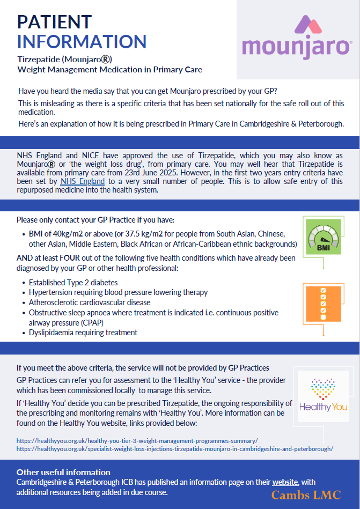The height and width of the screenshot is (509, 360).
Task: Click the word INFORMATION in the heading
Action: pos(82,41)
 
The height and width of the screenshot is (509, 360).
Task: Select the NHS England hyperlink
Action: pos(83,181)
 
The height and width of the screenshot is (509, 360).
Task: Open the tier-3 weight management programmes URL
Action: pos(137,440)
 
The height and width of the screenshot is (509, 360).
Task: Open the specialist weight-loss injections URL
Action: pos(175,448)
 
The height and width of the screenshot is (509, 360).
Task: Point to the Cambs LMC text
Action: pos(306,495)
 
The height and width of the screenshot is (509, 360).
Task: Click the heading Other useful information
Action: pos(63,473)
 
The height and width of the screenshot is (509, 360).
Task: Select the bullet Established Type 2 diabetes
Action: pos(74,283)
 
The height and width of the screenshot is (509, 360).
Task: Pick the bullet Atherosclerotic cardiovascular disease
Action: pos(90,303)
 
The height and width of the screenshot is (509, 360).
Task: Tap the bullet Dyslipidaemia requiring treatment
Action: pos(83,332)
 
